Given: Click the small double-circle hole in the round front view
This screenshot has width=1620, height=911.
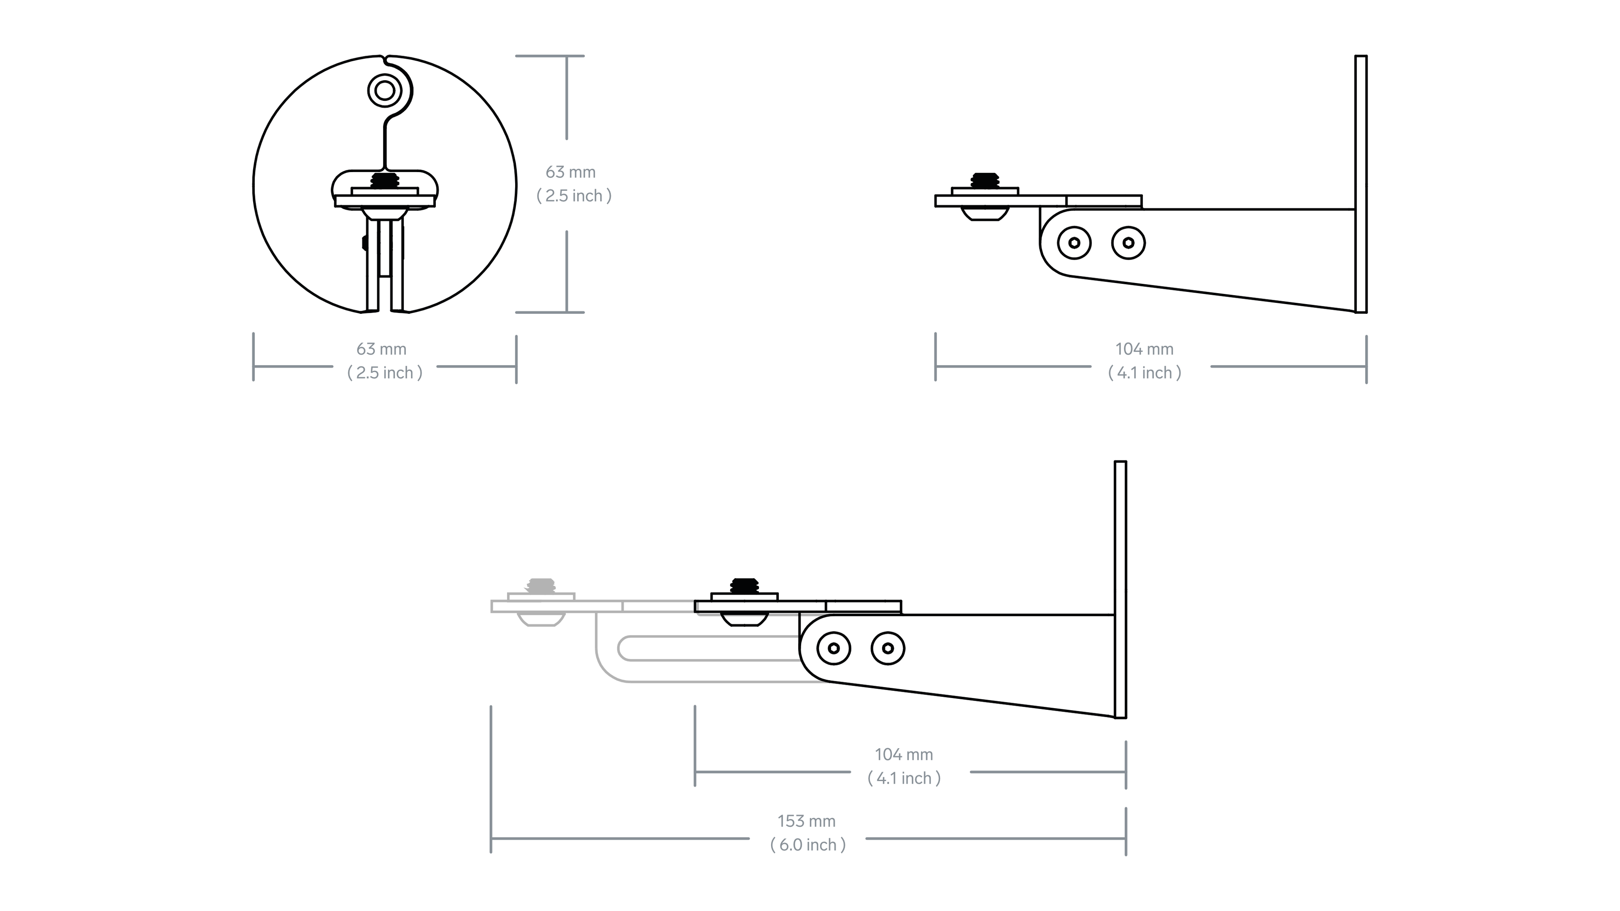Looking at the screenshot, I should pyautogui.click(x=384, y=91).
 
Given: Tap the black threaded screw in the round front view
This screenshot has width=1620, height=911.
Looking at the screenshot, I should pyautogui.click(x=385, y=181).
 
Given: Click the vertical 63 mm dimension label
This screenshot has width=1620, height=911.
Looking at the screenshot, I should pyautogui.click(x=570, y=172).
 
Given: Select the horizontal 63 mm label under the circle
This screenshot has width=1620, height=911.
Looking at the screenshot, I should pyautogui.click(x=381, y=349).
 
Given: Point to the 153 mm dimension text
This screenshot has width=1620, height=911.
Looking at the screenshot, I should pyautogui.click(x=806, y=821).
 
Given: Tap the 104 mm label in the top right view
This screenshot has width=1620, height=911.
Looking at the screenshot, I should pyautogui.click(x=1144, y=349).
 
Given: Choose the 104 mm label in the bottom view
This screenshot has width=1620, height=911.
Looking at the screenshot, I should pyautogui.click(x=904, y=755).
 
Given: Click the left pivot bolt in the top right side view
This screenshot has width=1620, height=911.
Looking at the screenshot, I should pyautogui.click(x=1074, y=243).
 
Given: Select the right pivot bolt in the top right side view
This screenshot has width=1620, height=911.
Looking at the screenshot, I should pyautogui.click(x=1128, y=243).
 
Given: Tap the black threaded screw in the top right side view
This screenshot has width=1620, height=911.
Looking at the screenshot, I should pyautogui.click(x=985, y=181).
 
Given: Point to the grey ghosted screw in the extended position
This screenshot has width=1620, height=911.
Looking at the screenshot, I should pyautogui.click(x=541, y=586).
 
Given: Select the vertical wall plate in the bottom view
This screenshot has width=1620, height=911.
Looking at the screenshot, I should pyautogui.click(x=1120, y=589).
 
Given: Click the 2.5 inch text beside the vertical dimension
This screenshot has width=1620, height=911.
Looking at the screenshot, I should pyautogui.click(x=574, y=196).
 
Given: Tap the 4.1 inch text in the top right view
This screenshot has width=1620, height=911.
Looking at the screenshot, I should pyautogui.click(x=1144, y=373).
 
